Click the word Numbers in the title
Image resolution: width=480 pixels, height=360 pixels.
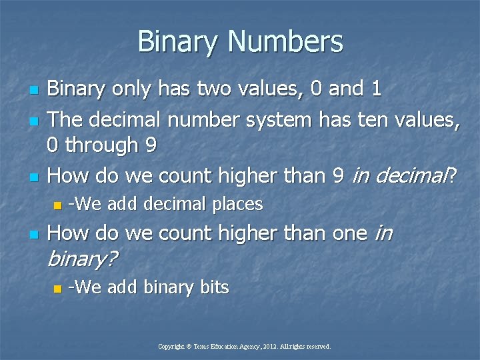point(285,41)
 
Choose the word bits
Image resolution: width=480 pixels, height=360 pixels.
point(214,287)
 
